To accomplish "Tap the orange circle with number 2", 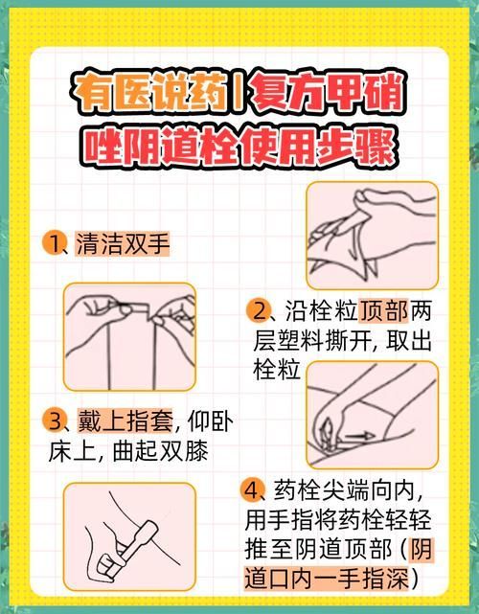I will tap(259, 311).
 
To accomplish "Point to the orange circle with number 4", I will tap(253, 491).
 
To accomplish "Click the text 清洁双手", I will tap(124, 243).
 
